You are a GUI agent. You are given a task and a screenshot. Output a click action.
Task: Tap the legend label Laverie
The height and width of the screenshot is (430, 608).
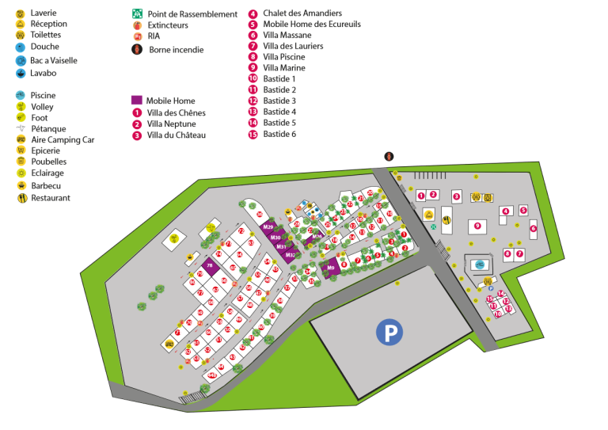pos(44,13)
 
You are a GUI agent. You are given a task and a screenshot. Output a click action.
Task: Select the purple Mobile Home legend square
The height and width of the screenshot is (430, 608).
pos(137,101)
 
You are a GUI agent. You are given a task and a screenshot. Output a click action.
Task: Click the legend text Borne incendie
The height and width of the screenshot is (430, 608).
pos(177,50)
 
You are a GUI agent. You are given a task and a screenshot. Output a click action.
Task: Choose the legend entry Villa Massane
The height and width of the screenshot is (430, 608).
pos(288,35)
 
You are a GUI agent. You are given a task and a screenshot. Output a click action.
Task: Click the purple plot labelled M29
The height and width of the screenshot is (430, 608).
pos(268,227)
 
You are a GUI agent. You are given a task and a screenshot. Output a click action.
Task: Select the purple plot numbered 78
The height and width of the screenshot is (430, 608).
pos(210,264)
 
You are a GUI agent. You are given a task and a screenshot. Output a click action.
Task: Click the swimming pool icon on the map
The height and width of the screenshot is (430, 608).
pos(479,264)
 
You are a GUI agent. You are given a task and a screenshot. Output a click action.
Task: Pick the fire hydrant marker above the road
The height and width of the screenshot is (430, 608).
pos(389,156)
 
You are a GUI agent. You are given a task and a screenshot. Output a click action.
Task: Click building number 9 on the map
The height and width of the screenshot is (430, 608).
pos(477,226)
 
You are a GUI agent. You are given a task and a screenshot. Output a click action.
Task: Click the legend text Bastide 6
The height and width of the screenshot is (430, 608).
pos(279,134)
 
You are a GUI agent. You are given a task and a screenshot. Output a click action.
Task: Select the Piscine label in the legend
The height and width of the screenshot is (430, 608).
pos(43,95)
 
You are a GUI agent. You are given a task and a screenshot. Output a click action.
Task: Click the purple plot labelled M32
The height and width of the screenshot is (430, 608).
pos(290,255)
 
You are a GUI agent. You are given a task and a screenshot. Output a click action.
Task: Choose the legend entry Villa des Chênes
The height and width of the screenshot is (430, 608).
pos(176,112)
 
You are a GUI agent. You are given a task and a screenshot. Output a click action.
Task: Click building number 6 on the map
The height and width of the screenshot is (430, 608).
pos(533,229)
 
